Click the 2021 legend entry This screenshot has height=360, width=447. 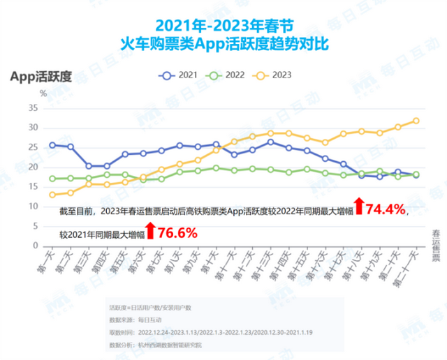[x=178, y=75]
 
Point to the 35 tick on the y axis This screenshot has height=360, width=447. [x=33, y=108]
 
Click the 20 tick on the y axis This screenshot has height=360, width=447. [x=33, y=167]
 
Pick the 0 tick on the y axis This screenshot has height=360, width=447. [x=36, y=246]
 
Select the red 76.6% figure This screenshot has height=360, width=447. [x=178, y=233]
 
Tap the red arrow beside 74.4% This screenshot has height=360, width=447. [x=358, y=206]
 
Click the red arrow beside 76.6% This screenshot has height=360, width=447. [x=151, y=232]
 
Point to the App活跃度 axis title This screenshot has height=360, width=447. [x=41, y=77]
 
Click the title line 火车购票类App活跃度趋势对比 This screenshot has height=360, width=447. [x=223, y=46]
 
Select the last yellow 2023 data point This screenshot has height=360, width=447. [x=416, y=121]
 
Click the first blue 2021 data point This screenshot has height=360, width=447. [x=52, y=145]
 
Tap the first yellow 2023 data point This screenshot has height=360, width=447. [x=52, y=195]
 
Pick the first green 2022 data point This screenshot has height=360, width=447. [x=52, y=179]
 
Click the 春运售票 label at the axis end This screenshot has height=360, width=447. [x=435, y=246]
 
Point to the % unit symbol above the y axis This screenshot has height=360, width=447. [x=43, y=93]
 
